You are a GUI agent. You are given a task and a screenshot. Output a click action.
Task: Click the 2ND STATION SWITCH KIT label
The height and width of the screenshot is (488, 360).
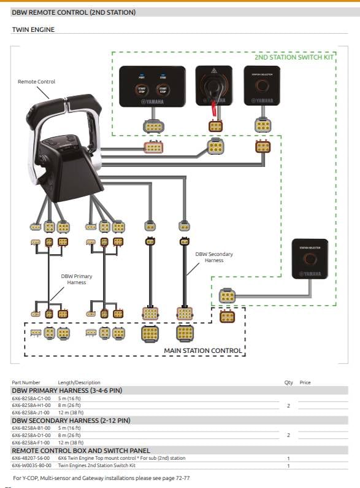pyautogui.click(x=294, y=57)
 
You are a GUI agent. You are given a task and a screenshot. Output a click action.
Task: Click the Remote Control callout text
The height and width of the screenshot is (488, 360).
pyautogui.click(x=36, y=82)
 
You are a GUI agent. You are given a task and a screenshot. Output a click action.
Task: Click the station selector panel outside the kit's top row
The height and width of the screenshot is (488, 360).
pyautogui.click(x=309, y=258)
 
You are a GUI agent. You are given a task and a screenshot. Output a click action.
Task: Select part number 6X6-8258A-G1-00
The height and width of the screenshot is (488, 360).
pyautogui.click(x=31, y=398)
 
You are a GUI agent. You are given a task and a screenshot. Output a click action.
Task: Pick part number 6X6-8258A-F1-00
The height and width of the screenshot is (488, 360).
pyautogui.click(x=31, y=443)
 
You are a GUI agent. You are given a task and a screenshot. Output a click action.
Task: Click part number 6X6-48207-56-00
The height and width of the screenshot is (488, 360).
pyautogui.click(x=31, y=458)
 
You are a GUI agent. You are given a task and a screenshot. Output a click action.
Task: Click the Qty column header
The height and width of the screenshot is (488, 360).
pyautogui.click(x=288, y=382)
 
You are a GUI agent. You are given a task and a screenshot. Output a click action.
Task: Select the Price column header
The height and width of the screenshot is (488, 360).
pyautogui.click(x=305, y=382)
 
